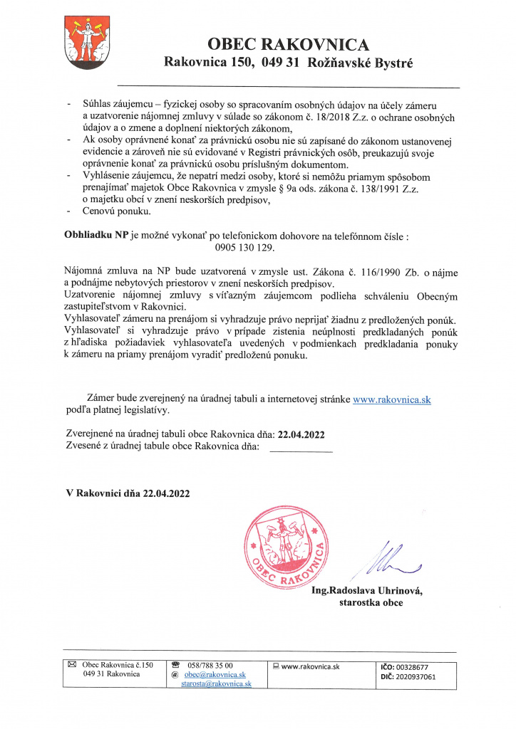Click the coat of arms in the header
tap(86, 41)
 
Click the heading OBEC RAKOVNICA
tap(289, 45)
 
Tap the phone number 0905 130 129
tap(244, 249)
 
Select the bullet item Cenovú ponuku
tap(117, 211)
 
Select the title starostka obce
tap(371, 602)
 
